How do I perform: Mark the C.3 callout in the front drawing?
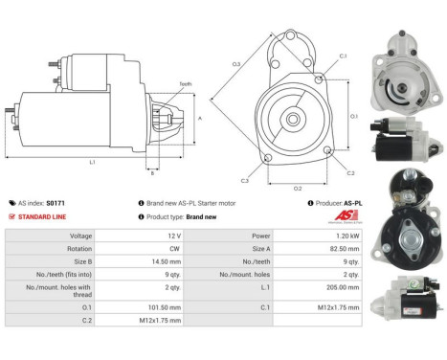[x=245, y=179]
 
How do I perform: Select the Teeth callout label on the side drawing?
[x=185, y=84]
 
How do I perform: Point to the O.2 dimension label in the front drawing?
[x=298, y=188]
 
